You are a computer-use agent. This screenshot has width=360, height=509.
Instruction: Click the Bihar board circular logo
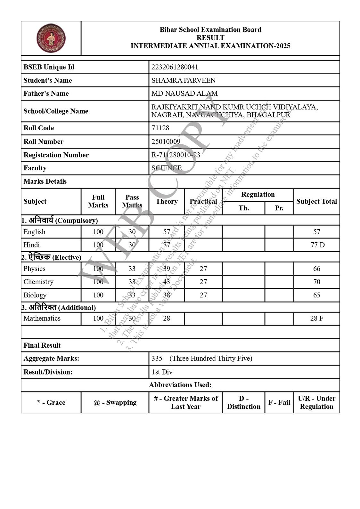point(51,38)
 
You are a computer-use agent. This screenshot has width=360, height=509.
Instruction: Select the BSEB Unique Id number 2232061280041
point(175,67)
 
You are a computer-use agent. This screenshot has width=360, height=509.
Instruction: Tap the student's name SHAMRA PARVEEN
point(183,80)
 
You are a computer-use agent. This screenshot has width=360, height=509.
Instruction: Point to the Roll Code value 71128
point(160,128)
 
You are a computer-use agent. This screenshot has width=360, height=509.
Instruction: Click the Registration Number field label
point(56,155)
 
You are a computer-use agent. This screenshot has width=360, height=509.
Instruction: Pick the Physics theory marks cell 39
point(167,269)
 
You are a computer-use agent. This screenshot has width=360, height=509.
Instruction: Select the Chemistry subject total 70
point(316,282)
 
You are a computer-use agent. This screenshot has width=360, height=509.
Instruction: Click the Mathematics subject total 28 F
point(316,318)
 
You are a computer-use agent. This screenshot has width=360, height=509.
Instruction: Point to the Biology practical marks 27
point(203,295)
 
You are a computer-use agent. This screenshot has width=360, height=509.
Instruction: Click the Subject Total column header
point(316,201)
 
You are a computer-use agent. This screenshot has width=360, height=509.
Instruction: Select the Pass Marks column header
point(132,201)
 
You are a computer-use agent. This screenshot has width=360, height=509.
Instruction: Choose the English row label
point(34,232)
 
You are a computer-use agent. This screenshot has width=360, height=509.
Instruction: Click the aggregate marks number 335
point(157,358)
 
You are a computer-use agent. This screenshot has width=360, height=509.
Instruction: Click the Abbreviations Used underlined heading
point(180,385)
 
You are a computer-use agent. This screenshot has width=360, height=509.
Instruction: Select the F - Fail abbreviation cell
point(279,402)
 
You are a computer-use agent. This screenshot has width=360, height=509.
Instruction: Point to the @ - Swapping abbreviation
point(115,402)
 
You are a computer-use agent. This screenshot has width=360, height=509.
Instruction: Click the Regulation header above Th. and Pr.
point(258,195)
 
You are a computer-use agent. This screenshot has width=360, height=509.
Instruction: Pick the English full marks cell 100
point(98,232)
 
